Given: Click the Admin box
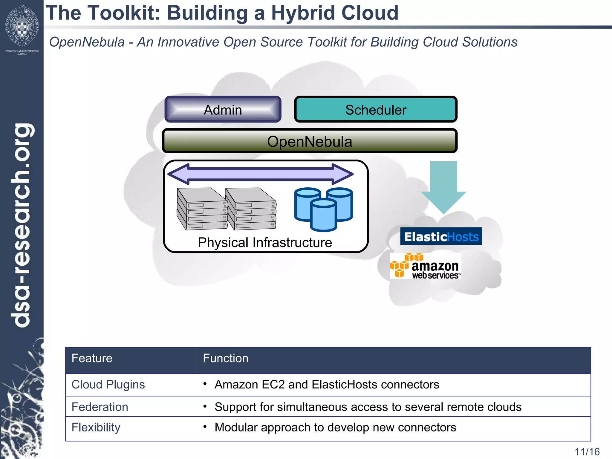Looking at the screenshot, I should pyautogui.click(x=223, y=109).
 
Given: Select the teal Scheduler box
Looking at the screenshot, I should pyautogui.click(x=376, y=109).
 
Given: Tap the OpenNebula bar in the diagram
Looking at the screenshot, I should pyautogui.click(x=310, y=141).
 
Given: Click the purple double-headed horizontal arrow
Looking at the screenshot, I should pyautogui.click(x=261, y=174).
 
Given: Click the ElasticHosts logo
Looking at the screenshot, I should pyautogui.click(x=441, y=236).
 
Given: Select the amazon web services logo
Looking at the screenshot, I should pyautogui.click(x=425, y=266).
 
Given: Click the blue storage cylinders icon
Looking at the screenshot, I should pyautogui.click(x=323, y=209).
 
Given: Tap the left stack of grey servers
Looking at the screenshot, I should pyautogui.click(x=202, y=209).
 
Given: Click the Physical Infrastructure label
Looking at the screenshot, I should pyautogui.click(x=265, y=242).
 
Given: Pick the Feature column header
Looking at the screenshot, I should pyautogui.click(x=92, y=358).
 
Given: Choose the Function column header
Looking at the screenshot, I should pyautogui.click(x=226, y=358).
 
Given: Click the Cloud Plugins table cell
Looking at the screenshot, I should pyautogui.click(x=108, y=385).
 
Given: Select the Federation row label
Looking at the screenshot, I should pyautogui.click(x=100, y=407).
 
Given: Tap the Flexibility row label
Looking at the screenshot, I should pyautogui.click(x=96, y=427).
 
